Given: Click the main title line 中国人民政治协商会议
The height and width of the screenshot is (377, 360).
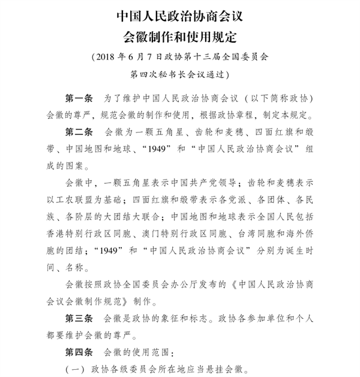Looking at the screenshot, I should [181, 13].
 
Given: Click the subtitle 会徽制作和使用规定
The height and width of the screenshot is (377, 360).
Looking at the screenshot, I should [181, 35].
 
